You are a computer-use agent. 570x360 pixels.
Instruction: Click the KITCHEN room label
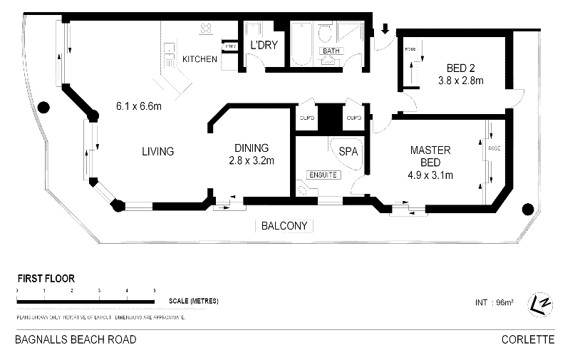pyautogui.click(x=199, y=59)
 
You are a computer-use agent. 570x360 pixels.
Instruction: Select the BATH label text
pyautogui.click(x=331, y=52)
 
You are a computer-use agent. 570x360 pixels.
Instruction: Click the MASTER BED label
pyautogui.click(x=430, y=156)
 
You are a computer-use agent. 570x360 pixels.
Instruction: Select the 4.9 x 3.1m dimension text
pyautogui.click(x=430, y=175)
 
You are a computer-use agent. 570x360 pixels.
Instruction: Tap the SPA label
pyautogui.click(x=348, y=152)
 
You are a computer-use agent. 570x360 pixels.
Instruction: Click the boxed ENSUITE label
pyautogui.click(x=323, y=175)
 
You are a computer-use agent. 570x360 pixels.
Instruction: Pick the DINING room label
pyautogui.click(x=252, y=148)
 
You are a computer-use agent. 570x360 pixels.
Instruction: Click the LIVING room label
pyautogui.click(x=157, y=151)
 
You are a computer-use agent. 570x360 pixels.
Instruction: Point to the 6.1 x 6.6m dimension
pyautogui.click(x=139, y=108)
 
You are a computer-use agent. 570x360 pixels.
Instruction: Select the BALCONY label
pyautogui.click(x=284, y=226)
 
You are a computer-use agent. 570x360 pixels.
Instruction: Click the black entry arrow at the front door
pyautogui.click(x=385, y=29)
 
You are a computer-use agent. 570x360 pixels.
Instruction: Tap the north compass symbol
pyautogui.click(x=541, y=303)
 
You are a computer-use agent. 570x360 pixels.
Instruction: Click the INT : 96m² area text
pyautogui.click(x=494, y=303)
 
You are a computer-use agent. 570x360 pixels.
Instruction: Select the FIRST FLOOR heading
pyautogui.click(x=46, y=279)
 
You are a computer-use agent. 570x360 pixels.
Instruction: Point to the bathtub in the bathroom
pyautogui.click(x=301, y=44)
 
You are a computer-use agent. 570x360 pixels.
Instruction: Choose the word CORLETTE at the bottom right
pyautogui.click(x=527, y=340)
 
